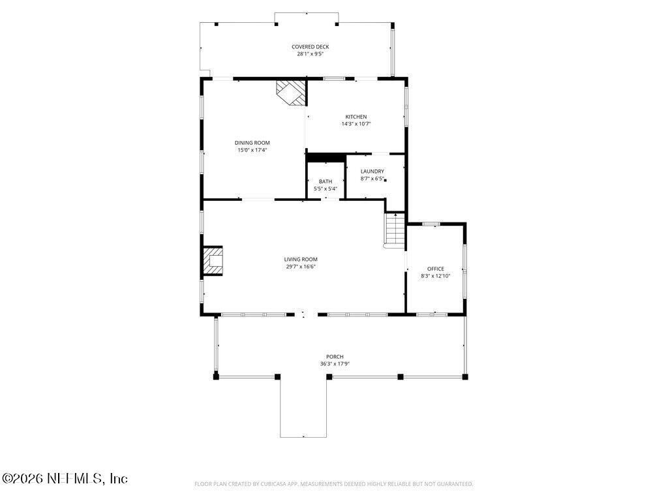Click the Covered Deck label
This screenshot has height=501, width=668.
(310, 47)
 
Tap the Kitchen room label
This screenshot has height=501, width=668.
(356, 117)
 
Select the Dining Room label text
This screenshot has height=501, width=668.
(252, 143)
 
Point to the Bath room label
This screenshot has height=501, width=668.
(325, 181)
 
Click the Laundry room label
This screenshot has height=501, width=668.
(372, 171)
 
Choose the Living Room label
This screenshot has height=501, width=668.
(301, 259)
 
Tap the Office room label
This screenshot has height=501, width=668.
(435, 269)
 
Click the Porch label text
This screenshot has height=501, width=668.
(331, 356)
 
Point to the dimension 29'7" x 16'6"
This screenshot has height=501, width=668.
(301, 266)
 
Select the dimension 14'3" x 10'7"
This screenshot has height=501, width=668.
(356, 124)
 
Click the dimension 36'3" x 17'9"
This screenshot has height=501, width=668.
(331, 364)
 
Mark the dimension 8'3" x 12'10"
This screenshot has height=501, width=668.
(435, 276)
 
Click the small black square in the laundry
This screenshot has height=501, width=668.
(386, 180)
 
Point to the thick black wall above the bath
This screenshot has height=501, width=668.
(326, 157)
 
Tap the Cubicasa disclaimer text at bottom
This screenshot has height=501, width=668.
(333, 484)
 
